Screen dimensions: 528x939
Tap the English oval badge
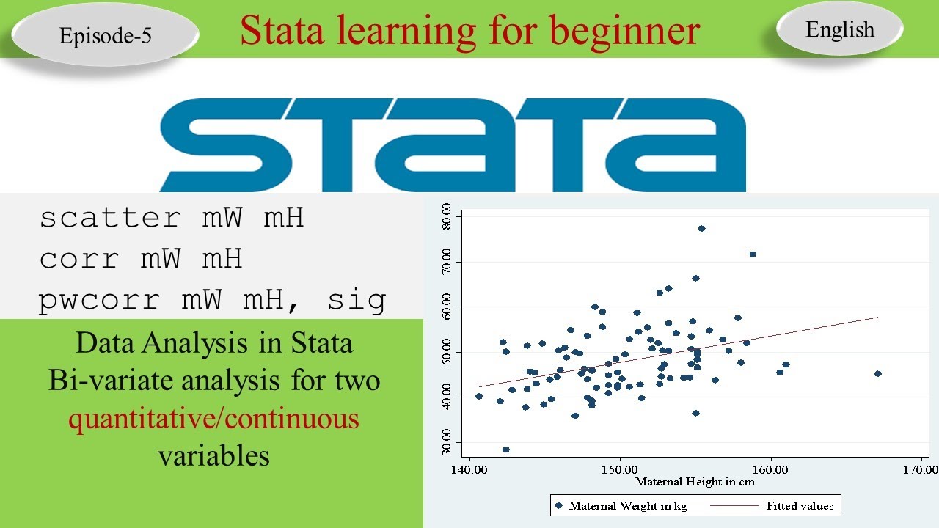839,29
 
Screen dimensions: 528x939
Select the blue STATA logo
453,144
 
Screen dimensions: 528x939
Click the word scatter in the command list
109,218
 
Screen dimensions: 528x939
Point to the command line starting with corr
140,259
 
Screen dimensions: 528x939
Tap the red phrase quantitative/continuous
213,419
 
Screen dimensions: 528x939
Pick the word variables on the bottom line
213,456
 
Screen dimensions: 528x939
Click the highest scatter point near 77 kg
701,229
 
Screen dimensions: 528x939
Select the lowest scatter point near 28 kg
506,450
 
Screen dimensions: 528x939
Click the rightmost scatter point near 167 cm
877,374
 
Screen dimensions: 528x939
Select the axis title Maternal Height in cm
694,482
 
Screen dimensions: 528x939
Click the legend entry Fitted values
800,506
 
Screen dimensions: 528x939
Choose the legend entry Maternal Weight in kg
627,506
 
